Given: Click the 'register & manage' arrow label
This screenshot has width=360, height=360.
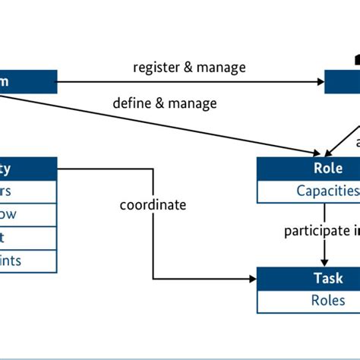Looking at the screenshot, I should [x=189, y=68].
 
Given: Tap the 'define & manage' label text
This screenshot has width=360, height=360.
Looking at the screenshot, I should [x=164, y=103].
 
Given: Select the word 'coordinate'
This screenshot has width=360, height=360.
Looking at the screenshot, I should [x=152, y=205].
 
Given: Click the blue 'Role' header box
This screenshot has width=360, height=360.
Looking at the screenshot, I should [x=308, y=169].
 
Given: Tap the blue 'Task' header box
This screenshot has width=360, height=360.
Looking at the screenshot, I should [x=308, y=278].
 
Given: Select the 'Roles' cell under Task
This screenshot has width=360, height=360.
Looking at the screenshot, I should [x=308, y=301].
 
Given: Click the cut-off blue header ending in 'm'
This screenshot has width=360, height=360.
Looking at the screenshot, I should [x=28, y=81].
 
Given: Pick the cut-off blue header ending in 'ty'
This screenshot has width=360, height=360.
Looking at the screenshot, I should [x=28, y=169].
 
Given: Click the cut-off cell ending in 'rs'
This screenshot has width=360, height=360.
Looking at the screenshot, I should [x=28, y=191].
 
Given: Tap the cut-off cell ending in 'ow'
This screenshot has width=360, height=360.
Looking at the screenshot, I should [x=28, y=214].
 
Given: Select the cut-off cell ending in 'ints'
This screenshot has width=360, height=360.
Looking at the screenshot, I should [x=28, y=261].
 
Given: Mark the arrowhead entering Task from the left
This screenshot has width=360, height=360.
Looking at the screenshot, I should [x=253, y=279].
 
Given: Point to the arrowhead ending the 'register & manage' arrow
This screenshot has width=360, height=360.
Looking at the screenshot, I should [x=321, y=81].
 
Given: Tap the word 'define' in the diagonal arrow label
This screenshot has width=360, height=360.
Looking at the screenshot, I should [x=132, y=103].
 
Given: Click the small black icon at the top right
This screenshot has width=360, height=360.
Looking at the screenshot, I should [x=355, y=58].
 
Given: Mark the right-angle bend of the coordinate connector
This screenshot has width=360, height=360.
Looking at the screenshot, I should [x=154, y=279].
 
